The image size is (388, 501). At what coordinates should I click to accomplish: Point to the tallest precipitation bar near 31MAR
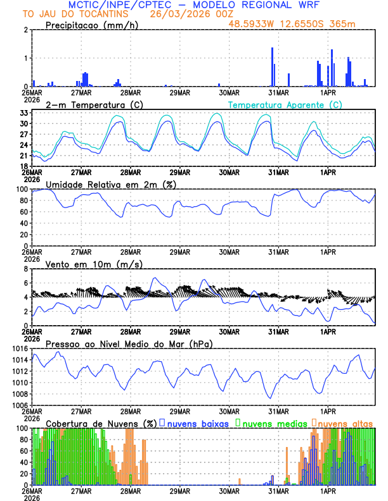[272, 66]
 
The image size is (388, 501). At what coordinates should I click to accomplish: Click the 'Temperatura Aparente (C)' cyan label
[285, 104]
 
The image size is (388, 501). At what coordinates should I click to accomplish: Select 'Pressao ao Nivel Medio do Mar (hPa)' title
[129, 343]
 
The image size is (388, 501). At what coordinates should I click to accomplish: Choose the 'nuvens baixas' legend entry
[197, 423]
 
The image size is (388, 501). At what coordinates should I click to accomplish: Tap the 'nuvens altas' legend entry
[345, 423]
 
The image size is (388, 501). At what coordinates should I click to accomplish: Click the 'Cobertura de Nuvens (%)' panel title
[100, 423]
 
